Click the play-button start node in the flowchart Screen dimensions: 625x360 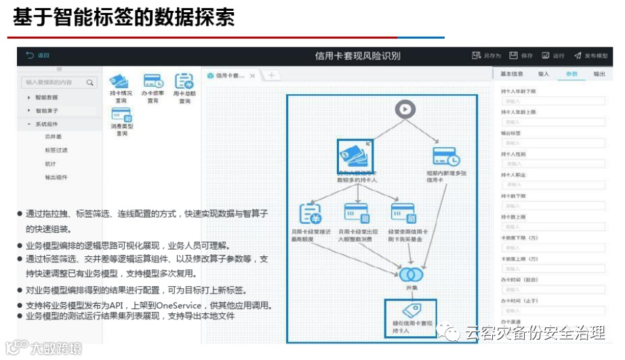coord(405,109)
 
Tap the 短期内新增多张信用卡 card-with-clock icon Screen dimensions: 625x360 coord(446,157)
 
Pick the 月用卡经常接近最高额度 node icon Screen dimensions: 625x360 coord(310,214)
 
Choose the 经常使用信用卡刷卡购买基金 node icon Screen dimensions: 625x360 coord(404,214)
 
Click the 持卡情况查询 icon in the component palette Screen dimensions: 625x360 coord(119,82)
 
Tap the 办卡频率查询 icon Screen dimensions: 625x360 coord(153,82)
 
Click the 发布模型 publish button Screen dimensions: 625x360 coord(590,56)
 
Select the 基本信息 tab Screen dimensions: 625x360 coord(512,73)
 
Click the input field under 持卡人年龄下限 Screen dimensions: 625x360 coord(552,100)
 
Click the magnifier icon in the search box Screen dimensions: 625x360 coord(89,82)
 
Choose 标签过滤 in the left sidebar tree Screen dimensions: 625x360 coord(56,150)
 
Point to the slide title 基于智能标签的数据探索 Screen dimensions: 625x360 coord(124,18)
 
